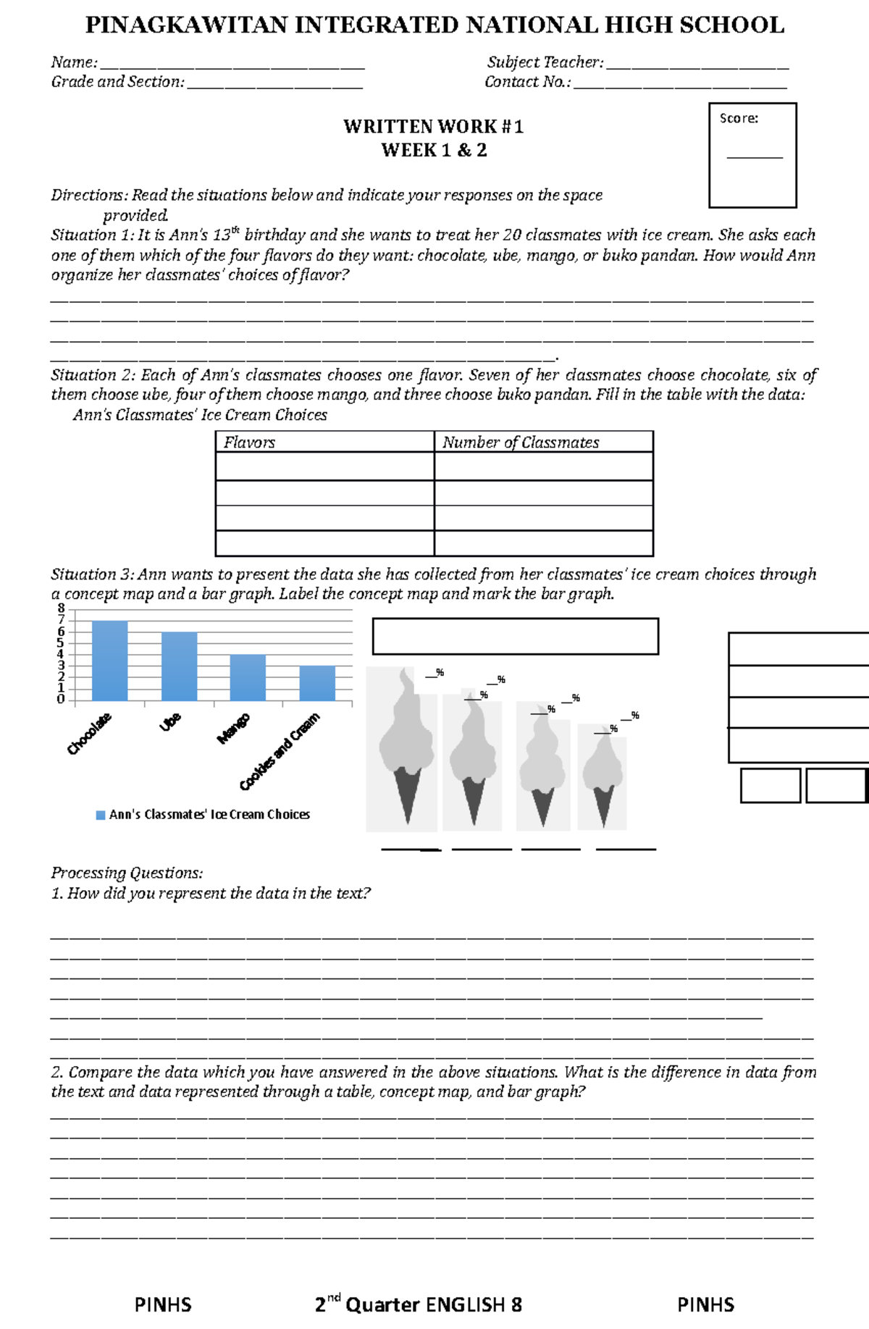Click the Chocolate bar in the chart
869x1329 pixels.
coord(110,661)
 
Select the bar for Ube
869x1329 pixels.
coord(179,666)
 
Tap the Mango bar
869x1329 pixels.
coord(248,677)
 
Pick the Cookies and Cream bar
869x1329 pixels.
coord(317,683)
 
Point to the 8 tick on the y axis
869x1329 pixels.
coord(61,608)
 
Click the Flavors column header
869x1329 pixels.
coord(250,442)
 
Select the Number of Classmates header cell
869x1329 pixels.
coord(521,442)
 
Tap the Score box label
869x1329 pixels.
coord(739,118)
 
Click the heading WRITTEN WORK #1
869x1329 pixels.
coord(433,127)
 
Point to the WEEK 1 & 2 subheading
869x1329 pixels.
coord(434,151)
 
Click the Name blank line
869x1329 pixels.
coord(232,67)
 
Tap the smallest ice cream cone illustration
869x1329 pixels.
coord(603,775)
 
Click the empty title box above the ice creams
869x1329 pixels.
coord(515,636)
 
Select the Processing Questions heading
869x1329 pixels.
coord(127,873)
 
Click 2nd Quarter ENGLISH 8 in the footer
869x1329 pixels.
coord(419,1304)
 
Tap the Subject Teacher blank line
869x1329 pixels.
coord(697,67)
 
